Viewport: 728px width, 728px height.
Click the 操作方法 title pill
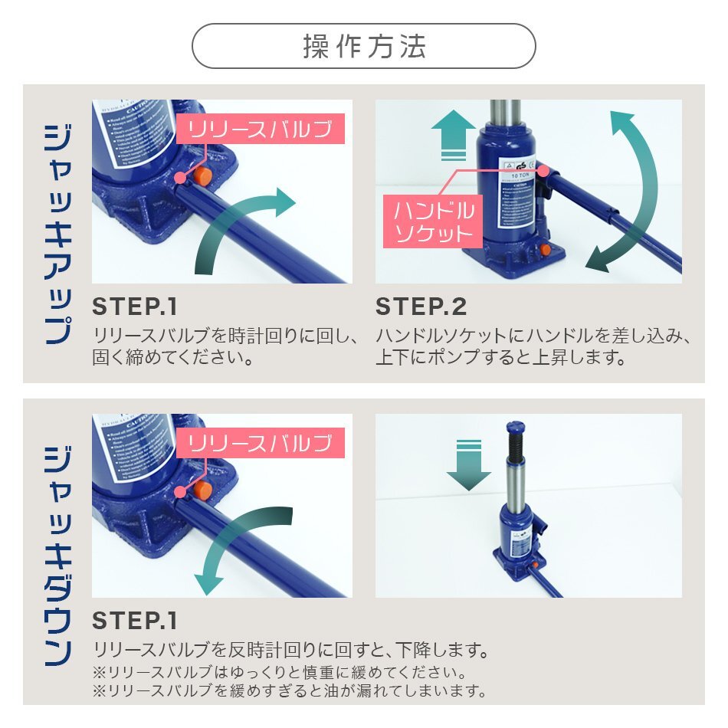pyautogui.click(x=363, y=47)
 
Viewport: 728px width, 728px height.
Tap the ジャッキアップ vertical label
pyautogui.click(x=57, y=234)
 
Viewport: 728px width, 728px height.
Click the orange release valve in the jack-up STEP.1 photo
pyautogui.click(x=202, y=175)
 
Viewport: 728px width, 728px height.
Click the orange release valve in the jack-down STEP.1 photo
pyautogui.click(x=202, y=489)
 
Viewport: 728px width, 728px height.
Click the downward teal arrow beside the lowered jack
pyautogui.click(x=468, y=464)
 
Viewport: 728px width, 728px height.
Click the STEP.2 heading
pyautogui.click(x=421, y=307)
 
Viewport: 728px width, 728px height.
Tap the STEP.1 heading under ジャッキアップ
pyautogui.click(x=135, y=307)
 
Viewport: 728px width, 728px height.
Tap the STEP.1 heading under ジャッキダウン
pyautogui.click(x=135, y=619)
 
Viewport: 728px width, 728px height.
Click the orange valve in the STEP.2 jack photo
pyautogui.click(x=543, y=250)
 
